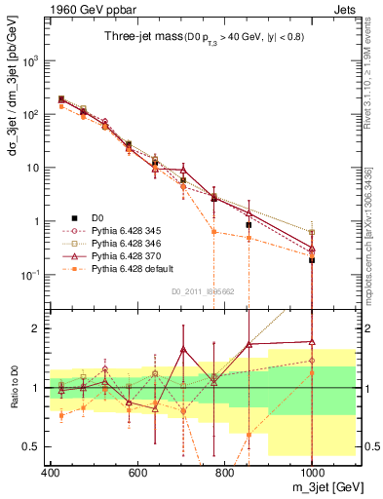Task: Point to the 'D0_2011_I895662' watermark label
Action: point(203,290)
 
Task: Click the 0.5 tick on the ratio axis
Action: point(37,445)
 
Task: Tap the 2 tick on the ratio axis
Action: point(42,328)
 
